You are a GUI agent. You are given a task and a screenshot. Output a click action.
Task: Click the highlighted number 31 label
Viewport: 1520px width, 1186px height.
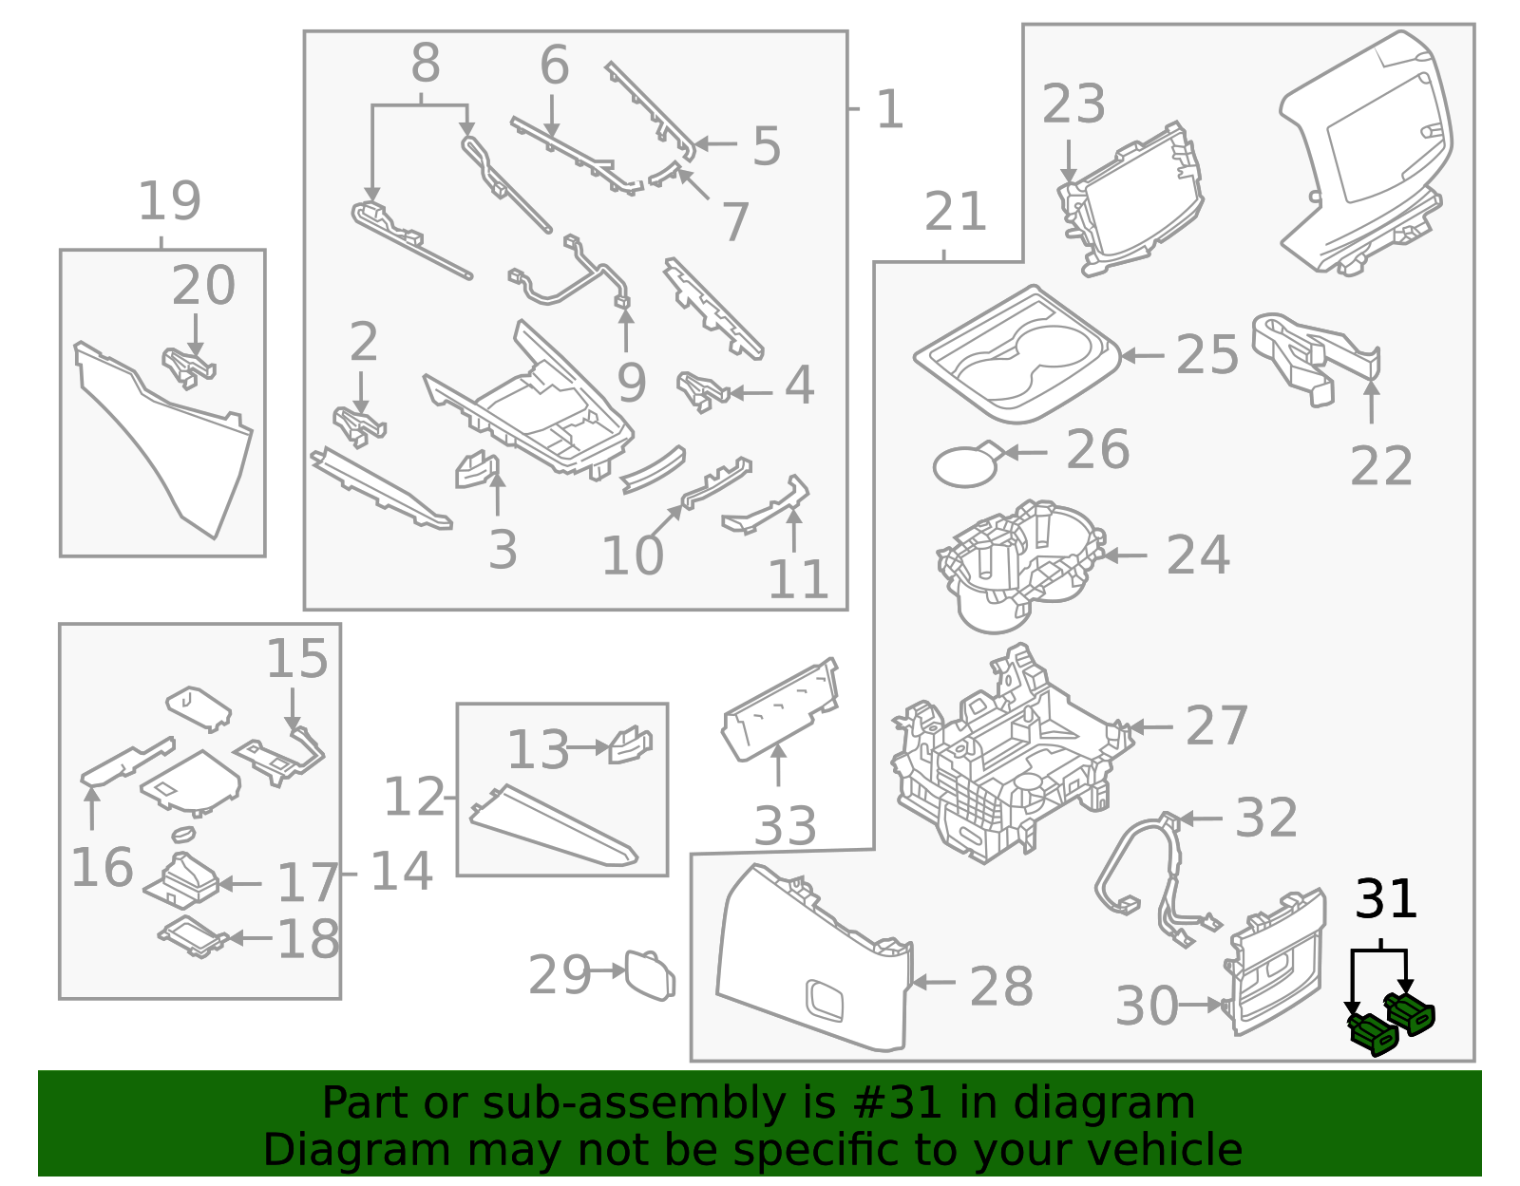pos(1385,898)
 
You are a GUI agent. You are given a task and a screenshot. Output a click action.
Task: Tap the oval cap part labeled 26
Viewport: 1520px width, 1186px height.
pos(965,465)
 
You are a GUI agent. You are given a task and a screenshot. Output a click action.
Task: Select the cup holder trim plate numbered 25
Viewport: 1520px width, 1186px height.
pos(1016,356)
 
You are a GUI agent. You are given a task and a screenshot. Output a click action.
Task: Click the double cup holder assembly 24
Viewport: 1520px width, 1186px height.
pos(1018,565)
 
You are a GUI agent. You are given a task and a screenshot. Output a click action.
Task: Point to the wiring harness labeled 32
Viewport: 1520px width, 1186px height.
pos(1154,874)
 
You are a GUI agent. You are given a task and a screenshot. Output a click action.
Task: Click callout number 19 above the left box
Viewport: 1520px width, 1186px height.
pos(169,201)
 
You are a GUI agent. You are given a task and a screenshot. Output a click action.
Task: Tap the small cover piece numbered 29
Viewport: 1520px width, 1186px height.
pos(650,974)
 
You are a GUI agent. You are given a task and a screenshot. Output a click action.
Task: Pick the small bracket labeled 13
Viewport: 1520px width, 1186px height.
pos(629,745)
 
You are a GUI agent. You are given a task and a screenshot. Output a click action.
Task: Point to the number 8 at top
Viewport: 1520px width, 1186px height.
pos(425,65)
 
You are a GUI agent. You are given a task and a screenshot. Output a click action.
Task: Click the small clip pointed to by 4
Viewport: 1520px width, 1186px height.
pos(701,390)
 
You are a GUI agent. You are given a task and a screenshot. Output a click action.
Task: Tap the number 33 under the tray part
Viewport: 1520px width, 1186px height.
pos(784,825)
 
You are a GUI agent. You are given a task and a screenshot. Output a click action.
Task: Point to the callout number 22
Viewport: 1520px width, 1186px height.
pos(1380,466)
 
